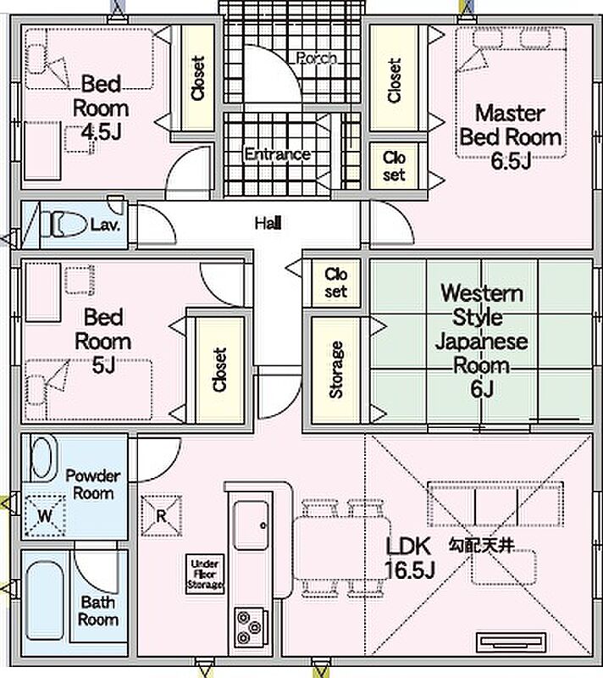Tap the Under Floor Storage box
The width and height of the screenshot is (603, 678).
pos(205,574)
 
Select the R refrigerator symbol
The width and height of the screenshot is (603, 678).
pos(161,516)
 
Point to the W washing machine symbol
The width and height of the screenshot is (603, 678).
pos(45,515)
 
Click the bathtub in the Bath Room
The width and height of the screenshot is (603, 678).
pos(45,600)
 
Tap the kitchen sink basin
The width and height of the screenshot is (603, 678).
pos(251,525)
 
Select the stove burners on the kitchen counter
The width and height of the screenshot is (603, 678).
pos(249,626)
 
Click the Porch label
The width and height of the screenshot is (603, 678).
pos(317,58)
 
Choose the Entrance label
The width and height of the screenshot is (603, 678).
pos(277,154)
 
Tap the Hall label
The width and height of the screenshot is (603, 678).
pos(268,224)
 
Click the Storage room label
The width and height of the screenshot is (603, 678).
pos(336,370)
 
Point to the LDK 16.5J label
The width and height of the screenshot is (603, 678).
pos(408,558)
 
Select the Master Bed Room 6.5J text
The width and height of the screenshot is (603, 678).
pos(511,136)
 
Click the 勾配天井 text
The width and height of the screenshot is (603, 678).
pos(482,545)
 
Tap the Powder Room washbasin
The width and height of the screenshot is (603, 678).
pos(42,458)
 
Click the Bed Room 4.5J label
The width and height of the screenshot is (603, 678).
pos(101,108)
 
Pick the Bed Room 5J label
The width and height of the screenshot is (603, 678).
pos(102,342)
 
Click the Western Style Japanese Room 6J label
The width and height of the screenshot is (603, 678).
pos(482,341)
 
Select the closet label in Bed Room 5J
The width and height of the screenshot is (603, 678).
pos(220,370)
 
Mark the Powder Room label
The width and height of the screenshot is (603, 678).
pos(93,484)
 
